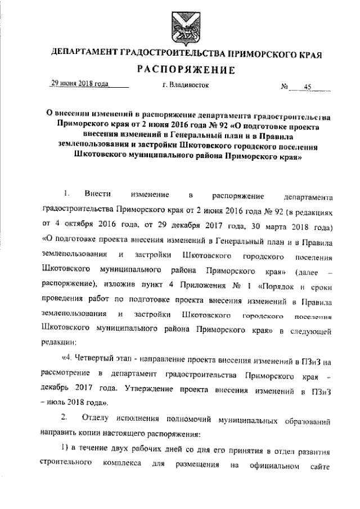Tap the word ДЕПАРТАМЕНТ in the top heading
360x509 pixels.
83,55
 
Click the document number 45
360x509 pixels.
307,87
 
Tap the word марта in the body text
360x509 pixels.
277,228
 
